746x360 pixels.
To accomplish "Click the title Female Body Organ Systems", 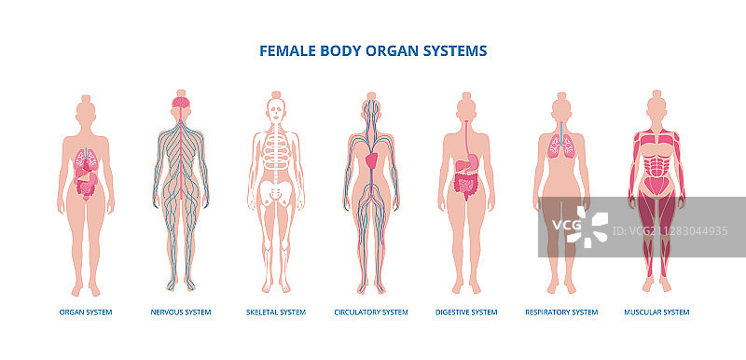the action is (x=372, y=51).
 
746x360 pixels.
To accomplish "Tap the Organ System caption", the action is (x=86, y=312).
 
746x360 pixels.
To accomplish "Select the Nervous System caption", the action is (x=181, y=312).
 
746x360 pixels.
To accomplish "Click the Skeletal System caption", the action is (x=276, y=312).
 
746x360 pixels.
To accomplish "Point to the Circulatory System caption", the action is (x=371, y=312).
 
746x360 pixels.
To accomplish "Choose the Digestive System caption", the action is (x=466, y=312).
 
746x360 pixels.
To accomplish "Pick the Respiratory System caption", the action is (x=561, y=312).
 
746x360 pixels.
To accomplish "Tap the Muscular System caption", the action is (x=656, y=312).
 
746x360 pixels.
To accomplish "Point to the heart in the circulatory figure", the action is (x=371, y=160).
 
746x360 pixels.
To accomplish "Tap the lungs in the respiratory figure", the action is (x=561, y=145).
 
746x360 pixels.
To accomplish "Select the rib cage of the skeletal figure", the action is (x=276, y=149).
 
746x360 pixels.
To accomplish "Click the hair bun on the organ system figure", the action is (x=86, y=96).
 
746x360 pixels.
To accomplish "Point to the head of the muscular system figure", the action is (x=656, y=108).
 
